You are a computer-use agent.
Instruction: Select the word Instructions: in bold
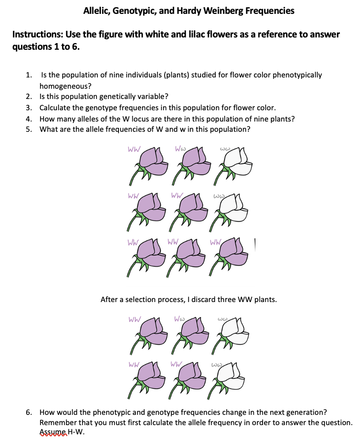[35, 34]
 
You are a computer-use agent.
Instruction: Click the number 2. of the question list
[30, 96]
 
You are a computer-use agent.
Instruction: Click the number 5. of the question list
[30, 129]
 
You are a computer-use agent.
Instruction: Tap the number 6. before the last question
[30, 412]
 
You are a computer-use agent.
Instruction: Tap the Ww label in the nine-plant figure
[180, 149]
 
